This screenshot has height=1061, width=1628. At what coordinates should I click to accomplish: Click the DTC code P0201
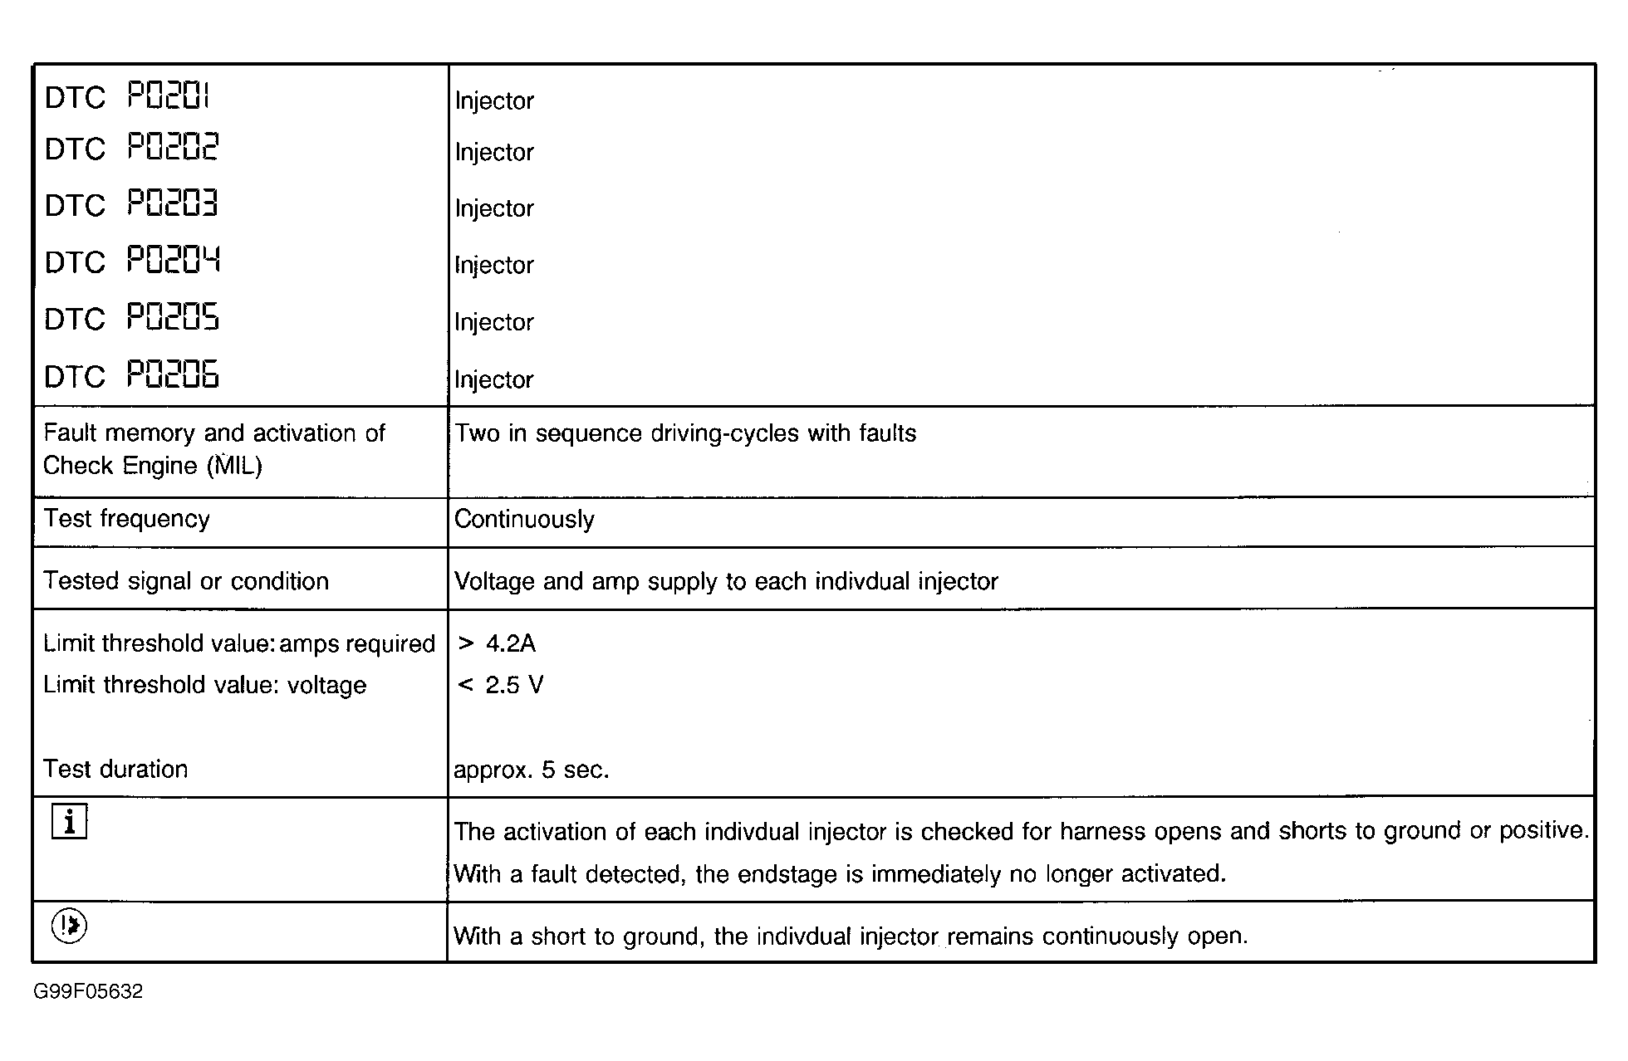[x=169, y=96]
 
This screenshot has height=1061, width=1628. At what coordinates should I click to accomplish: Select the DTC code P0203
[x=172, y=204]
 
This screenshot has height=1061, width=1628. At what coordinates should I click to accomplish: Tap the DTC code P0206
[x=173, y=375]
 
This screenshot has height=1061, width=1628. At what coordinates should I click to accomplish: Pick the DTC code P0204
[x=173, y=261]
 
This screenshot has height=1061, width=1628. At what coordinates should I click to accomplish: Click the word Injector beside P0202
[x=494, y=153]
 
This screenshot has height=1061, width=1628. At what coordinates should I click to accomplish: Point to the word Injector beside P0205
[x=494, y=322]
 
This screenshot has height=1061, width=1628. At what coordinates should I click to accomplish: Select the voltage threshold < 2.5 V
[x=500, y=685]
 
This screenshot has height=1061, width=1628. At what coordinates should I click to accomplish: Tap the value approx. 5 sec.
[x=532, y=770]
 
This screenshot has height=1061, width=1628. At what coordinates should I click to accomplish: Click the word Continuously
[x=524, y=520]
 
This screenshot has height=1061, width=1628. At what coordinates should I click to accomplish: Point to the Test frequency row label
[x=126, y=519]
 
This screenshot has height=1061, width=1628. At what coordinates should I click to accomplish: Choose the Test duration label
[x=115, y=769]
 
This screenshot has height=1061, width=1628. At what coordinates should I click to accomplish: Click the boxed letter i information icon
[x=69, y=822]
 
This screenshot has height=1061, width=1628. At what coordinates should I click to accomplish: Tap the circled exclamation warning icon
[x=69, y=926]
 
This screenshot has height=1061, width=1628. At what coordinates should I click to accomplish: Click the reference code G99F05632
[x=88, y=991]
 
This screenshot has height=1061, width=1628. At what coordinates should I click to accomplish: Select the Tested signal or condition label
[x=186, y=581]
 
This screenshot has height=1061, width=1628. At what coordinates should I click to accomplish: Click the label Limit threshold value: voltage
[x=205, y=685]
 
